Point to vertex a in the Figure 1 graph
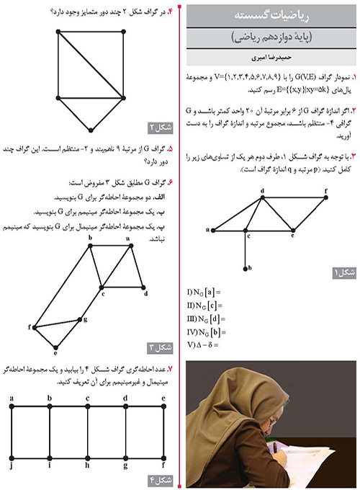212,230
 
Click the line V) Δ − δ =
202,344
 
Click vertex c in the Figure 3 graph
104,287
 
